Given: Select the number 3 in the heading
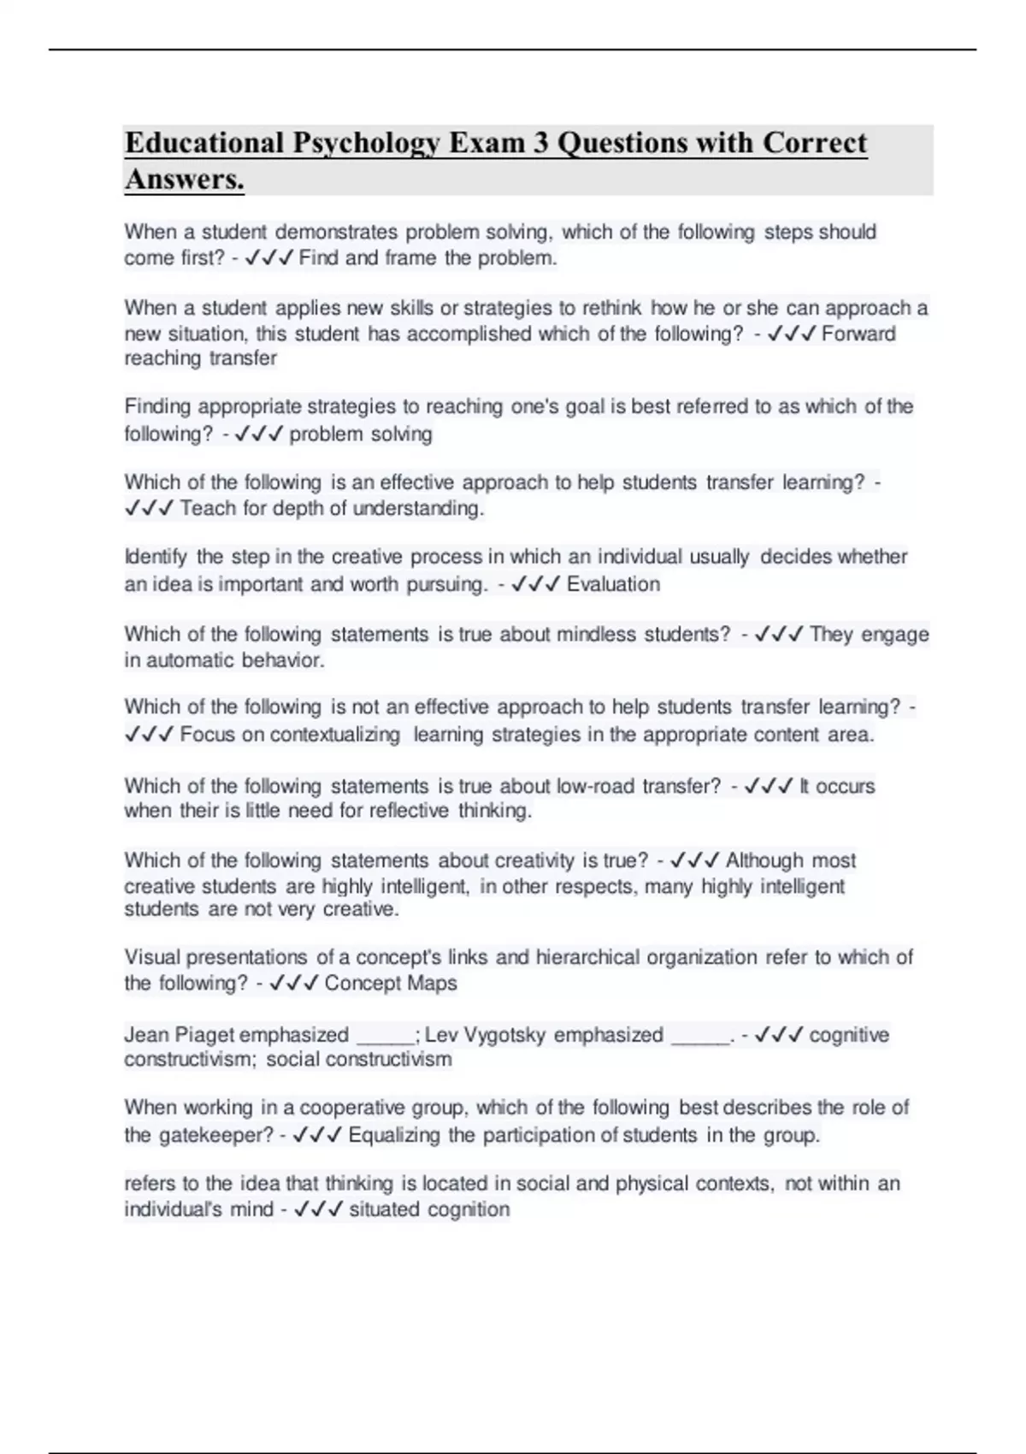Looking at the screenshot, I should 540,143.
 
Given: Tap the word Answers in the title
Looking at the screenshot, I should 184,180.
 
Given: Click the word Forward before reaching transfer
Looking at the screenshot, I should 858,334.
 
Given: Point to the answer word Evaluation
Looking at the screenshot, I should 613,584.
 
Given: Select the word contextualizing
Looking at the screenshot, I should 334,735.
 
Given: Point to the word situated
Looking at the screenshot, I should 384,1209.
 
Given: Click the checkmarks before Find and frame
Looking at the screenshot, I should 269,258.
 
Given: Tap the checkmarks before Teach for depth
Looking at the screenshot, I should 150,509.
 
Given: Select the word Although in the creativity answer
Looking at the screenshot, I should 764,860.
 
